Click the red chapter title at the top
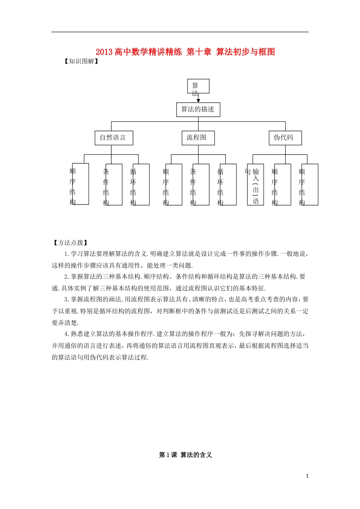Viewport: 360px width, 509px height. point(185,52)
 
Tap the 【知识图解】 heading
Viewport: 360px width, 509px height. point(81,61)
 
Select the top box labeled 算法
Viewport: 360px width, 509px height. point(198,86)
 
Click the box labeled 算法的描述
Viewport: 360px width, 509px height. point(198,109)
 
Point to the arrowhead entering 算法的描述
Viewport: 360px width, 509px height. point(198,101)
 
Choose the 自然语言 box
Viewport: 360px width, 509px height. point(114,138)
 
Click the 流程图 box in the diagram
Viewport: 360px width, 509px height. point(198,138)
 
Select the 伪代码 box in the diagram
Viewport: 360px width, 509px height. point(285,138)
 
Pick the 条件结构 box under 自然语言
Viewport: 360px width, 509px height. point(113,184)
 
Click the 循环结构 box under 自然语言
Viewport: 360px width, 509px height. point(141,184)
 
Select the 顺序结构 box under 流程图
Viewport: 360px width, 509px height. point(173,184)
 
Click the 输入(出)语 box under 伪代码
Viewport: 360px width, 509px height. point(255,184)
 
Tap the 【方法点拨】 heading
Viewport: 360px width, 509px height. point(70,243)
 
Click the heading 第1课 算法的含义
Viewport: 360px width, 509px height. point(185,455)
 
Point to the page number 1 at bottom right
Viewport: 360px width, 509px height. point(307,476)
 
